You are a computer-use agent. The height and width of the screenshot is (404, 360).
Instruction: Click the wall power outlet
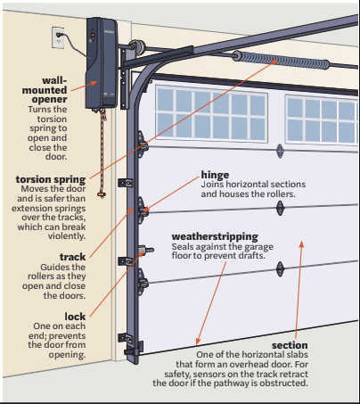pos(58,37)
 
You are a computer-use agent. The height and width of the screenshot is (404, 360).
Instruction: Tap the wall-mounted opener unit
pos(102,63)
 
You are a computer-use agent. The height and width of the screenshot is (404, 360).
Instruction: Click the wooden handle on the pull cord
pos(102,194)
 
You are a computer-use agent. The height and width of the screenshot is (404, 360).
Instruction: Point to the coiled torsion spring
pos(281,61)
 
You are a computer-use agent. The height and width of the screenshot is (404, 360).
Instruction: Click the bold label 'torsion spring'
pos(51,179)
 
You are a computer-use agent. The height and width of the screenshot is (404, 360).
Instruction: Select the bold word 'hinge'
pos(215,175)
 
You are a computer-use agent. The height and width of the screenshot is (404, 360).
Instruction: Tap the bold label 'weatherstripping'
pos(215,237)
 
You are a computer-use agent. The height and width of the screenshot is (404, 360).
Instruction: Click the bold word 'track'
pos(72,257)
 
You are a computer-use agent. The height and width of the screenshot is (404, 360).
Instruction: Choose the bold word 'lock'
pos(75,317)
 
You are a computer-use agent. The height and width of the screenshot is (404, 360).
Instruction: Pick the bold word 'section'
pos(290,345)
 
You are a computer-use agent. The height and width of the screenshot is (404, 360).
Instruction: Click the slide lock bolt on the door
pos(146,251)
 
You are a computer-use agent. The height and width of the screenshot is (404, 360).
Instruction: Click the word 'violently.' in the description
pos(67,236)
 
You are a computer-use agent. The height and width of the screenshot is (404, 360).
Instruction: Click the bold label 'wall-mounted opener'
pos(45,90)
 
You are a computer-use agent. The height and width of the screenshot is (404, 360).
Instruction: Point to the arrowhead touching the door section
pos(301,244)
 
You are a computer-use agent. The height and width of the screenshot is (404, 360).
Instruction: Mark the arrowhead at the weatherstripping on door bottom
pos(198,342)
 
